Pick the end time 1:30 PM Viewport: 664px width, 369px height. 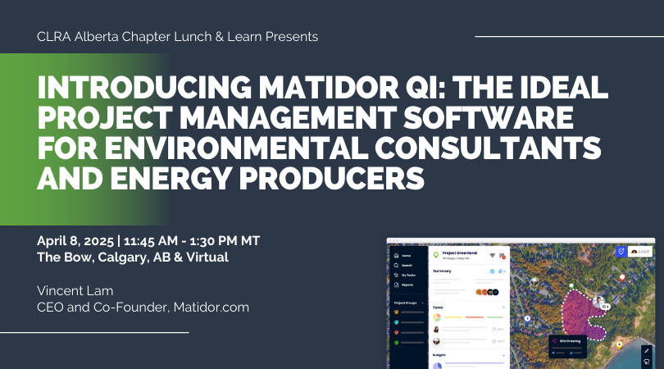[212, 241]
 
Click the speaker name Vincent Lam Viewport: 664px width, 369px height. [76, 291]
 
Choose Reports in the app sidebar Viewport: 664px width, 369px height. [408, 285]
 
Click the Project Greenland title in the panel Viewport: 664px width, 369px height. [460, 253]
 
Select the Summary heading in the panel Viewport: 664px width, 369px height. [443, 271]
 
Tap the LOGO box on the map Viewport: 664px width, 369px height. [639, 252]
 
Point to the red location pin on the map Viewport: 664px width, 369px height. [622, 278]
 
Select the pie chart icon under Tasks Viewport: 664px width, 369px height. [438, 317]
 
